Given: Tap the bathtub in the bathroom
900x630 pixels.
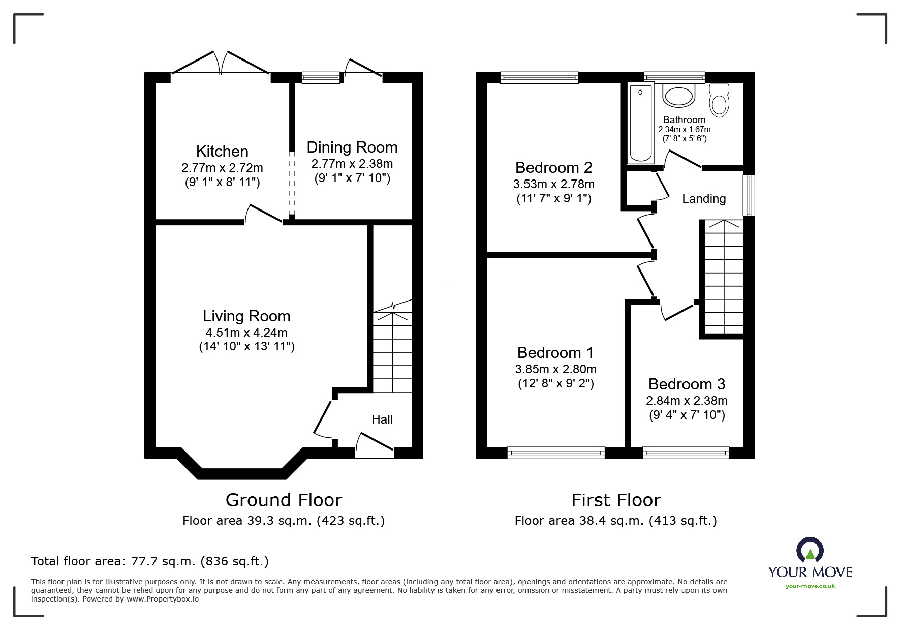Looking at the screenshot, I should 640,123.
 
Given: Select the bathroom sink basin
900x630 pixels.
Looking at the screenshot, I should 678,96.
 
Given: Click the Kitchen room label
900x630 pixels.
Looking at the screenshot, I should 222,151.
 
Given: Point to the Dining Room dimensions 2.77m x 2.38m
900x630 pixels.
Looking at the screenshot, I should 352,164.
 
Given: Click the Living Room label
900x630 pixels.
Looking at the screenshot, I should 246,316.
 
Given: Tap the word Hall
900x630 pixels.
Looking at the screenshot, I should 382,419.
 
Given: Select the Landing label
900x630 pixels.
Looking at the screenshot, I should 703,199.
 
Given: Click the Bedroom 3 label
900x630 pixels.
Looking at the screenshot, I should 687,384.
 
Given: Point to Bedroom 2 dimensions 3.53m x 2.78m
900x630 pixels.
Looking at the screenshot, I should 554,184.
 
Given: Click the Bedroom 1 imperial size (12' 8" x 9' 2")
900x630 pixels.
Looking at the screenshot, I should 555,383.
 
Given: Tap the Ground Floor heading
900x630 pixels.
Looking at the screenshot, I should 284,500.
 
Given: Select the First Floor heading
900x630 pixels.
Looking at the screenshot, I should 616,500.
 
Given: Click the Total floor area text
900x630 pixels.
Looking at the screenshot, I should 150,561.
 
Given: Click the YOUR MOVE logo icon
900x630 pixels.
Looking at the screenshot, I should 810,550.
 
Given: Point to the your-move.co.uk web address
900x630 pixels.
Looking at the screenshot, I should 810,586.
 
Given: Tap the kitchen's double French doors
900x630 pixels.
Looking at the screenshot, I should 221,64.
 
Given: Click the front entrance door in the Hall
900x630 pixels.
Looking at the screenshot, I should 375,443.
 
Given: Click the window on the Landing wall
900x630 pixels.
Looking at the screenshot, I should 749,195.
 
